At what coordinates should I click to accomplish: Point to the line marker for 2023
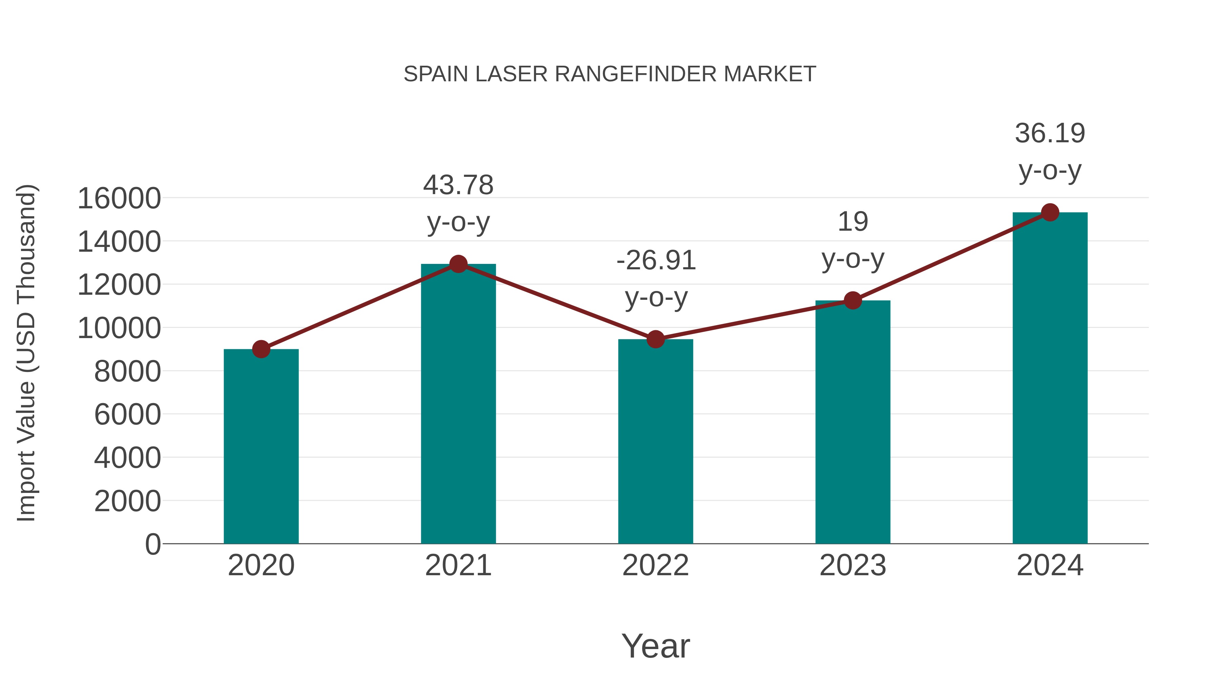(853, 300)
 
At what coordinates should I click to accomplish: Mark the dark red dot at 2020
(261, 349)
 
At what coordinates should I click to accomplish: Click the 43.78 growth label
(458, 185)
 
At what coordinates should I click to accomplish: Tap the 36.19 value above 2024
(1050, 133)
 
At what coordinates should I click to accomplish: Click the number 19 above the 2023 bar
(853, 222)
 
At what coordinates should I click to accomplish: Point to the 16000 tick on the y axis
(119, 199)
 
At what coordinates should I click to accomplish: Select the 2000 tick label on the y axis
(127, 501)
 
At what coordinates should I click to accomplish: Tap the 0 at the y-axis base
(153, 544)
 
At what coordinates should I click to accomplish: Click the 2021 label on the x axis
(458, 565)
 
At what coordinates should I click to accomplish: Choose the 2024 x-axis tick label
(1050, 565)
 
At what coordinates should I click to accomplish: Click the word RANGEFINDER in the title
(635, 74)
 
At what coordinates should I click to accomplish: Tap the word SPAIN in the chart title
(436, 74)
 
